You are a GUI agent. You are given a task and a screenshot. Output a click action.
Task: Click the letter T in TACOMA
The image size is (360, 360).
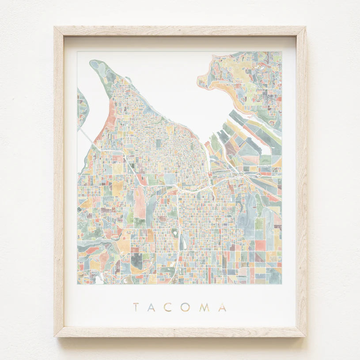click(136, 307)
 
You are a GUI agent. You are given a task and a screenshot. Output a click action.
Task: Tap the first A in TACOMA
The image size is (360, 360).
click(152, 307)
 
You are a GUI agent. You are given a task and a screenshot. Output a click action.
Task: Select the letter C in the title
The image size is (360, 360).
click(168, 307)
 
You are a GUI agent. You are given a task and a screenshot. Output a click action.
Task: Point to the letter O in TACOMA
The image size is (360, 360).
click(185, 307)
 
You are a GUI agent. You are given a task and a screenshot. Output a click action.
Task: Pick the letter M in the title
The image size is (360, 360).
click(204, 307)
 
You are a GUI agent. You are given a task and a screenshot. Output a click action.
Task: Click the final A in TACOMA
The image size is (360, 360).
click(222, 307)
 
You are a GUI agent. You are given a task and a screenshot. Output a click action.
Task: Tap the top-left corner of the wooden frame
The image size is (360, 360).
click(55, 27)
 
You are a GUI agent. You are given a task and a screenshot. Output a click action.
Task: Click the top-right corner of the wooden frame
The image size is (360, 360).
click(305, 27)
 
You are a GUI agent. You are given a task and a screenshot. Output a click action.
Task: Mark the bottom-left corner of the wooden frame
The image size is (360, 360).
click(55, 336)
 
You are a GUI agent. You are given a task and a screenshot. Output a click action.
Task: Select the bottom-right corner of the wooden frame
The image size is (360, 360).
click(305, 336)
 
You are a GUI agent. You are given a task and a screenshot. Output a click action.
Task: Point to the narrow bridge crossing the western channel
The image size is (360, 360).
click(87, 135)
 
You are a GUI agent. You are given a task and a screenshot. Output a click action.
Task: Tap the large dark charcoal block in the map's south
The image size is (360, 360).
click(136, 261)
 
